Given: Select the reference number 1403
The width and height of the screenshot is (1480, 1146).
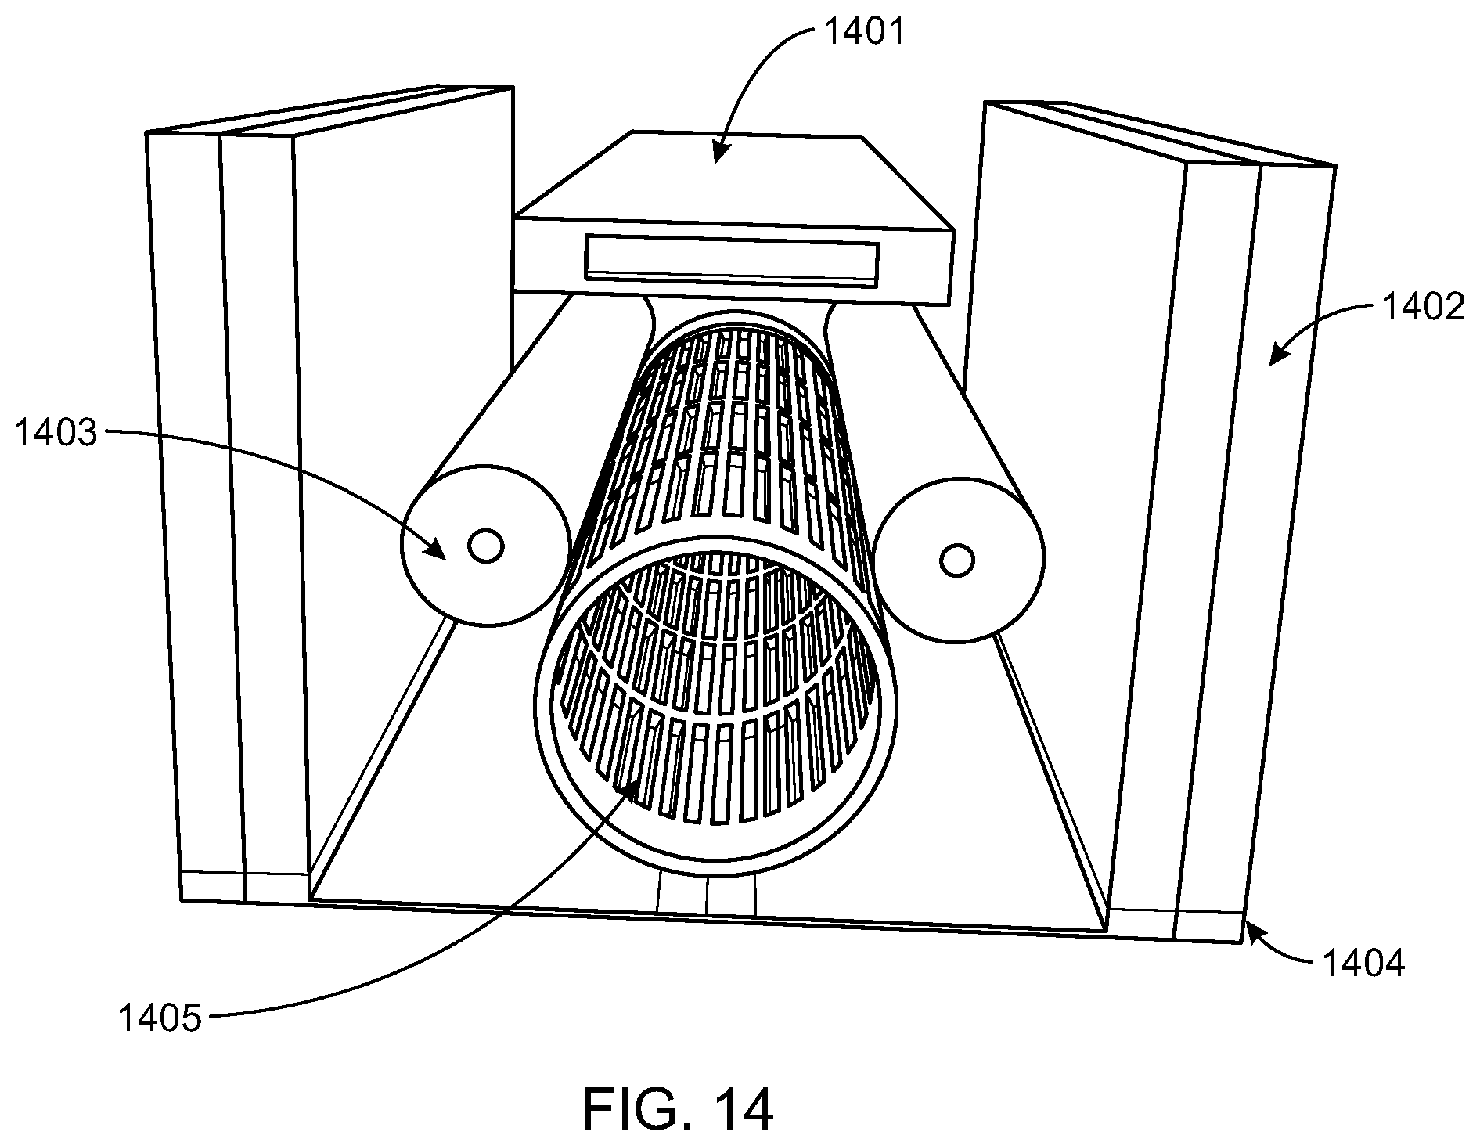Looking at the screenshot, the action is [x=56, y=432].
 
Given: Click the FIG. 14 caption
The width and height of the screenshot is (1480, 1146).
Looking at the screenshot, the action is [x=679, y=1108].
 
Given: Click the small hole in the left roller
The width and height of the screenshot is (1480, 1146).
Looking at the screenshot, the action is [x=485, y=546].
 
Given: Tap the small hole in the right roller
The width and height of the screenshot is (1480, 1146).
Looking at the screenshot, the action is [x=956, y=560].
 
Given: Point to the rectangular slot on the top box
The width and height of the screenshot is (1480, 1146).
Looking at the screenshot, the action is [x=732, y=261].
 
